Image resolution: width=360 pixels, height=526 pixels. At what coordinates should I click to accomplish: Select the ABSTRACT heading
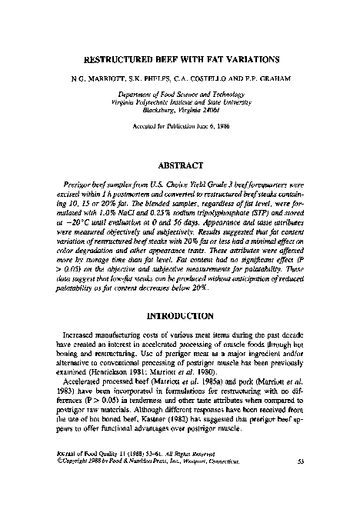[x=181, y=165]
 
